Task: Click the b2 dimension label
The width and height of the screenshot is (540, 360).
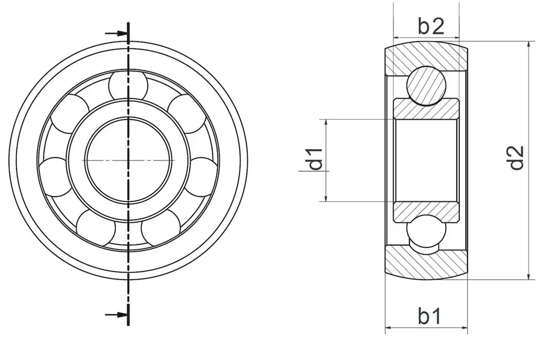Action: pos(430,26)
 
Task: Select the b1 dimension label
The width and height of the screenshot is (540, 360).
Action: pos(429,316)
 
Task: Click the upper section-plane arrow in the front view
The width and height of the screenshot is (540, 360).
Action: pos(116,33)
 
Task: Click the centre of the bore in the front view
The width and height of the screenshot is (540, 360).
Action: pos(128,160)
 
